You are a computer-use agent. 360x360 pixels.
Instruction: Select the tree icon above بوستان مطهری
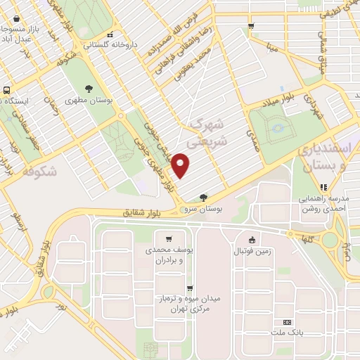[x=89, y=89]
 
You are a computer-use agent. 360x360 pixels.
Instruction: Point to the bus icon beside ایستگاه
[x=6, y=90]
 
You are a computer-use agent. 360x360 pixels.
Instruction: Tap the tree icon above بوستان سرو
[x=204, y=198]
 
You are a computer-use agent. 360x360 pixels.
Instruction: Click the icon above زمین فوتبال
[x=252, y=239]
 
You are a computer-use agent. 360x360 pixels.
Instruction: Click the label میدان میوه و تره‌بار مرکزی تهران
[x=190, y=304]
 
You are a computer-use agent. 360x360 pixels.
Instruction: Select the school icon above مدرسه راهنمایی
[x=324, y=186]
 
